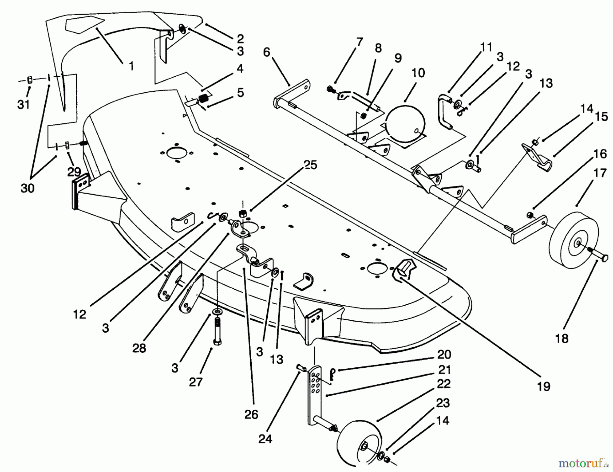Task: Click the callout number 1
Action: click(131, 66)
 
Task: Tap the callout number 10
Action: click(418, 73)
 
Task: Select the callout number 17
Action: click(600, 173)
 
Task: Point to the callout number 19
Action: click(544, 387)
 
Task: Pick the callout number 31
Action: click(23, 104)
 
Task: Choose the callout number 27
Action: click(196, 382)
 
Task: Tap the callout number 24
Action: click(265, 439)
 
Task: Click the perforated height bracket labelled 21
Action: click(315, 392)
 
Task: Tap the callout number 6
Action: click(266, 52)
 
